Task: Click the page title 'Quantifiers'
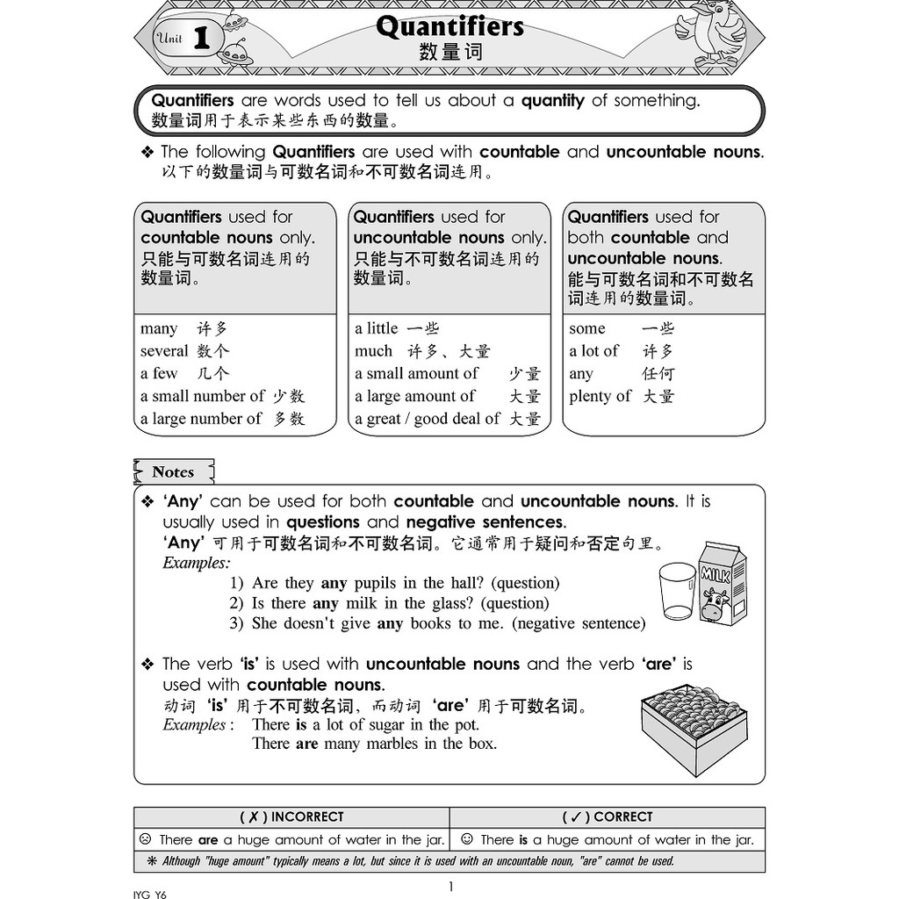tap(449, 27)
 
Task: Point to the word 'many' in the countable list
tap(159, 328)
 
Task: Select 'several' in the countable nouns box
tap(164, 351)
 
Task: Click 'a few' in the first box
tap(159, 374)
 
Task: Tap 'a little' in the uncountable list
tap(377, 328)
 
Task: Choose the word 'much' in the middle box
tap(374, 351)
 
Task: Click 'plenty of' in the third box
tap(600, 396)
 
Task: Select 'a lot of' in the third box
tap(593, 351)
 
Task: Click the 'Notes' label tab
tap(173, 472)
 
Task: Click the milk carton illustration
tap(722, 583)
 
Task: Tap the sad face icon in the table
tap(145, 839)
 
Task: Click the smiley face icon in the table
tap(466, 839)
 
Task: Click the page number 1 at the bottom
tap(450, 886)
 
